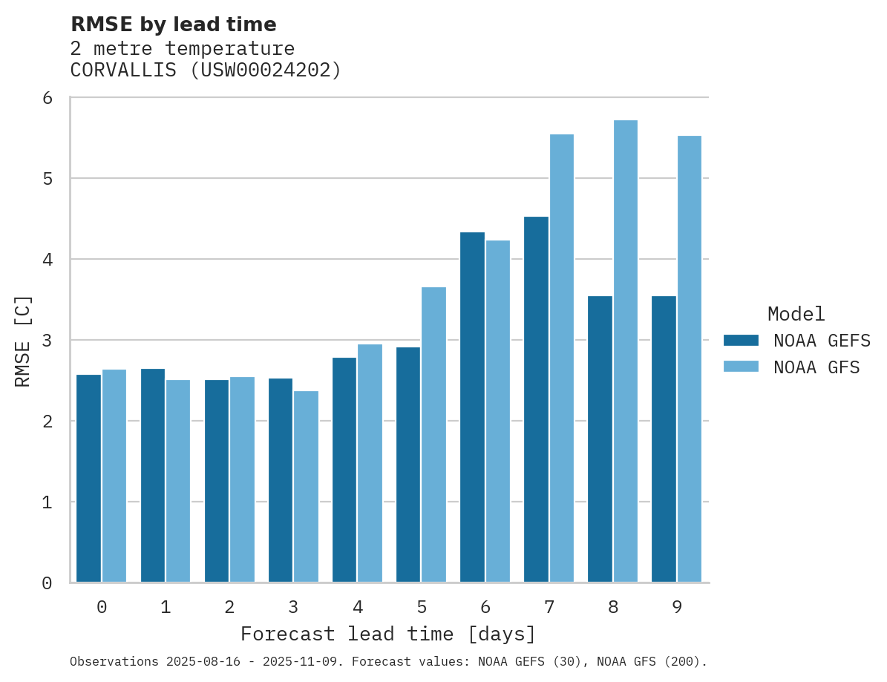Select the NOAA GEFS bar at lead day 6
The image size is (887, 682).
[x=472, y=407]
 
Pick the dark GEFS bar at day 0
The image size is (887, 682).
[x=89, y=479]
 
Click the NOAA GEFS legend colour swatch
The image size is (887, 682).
[x=741, y=341]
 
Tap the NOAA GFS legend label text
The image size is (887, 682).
[x=816, y=367]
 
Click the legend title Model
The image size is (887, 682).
[x=796, y=314]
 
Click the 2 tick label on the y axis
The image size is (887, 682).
[x=47, y=422]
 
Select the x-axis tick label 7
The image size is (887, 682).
[x=549, y=607]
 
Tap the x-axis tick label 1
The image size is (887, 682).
[x=166, y=607]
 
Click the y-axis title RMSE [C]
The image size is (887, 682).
[x=24, y=341]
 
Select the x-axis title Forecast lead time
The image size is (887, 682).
[x=388, y=635]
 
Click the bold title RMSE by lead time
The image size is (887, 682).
[x=173, y=24]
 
